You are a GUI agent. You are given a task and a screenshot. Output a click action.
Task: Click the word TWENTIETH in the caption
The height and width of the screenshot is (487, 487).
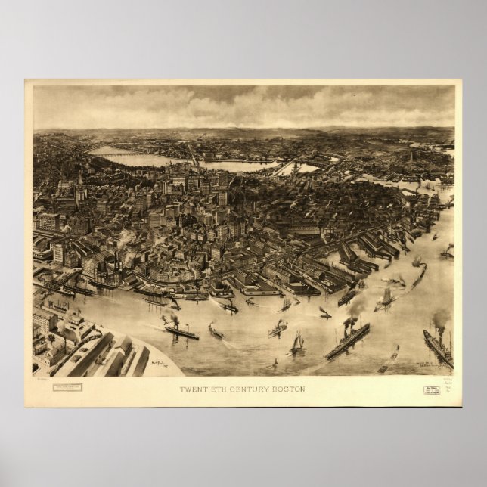(199, 389)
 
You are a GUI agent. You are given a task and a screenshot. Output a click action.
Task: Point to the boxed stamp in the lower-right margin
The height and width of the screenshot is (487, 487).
(431, 389)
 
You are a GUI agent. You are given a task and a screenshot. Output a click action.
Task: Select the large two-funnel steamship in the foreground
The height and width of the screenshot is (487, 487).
(347, 340)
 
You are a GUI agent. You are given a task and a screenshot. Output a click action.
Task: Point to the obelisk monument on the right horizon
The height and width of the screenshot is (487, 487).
(411, 157)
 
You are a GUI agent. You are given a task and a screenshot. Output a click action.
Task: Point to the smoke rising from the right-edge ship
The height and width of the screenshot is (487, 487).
(440, 318)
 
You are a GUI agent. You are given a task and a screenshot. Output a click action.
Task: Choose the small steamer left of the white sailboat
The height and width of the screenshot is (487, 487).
(277, 328)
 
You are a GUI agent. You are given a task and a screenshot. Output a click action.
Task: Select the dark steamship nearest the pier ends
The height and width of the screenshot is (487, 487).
(346, 296)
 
